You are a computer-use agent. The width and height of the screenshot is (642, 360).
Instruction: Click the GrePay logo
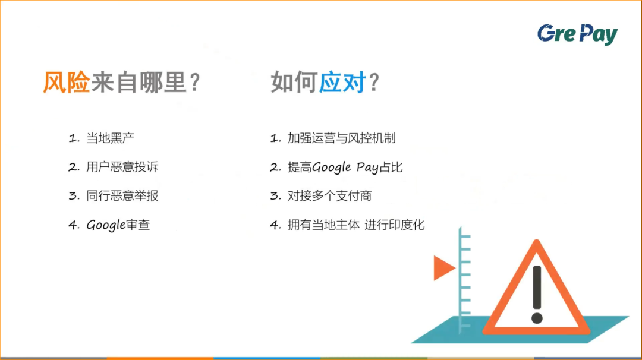click(x=577, y=34)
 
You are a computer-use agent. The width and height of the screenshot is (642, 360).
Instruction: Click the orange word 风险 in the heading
click(x=66, y=83)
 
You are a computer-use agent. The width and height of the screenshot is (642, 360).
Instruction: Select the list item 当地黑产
click(x=111, y=138)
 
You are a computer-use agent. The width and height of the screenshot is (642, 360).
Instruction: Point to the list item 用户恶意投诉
click(x=122, y=167)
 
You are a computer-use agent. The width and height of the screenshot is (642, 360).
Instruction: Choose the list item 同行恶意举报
click(x=122, y=196)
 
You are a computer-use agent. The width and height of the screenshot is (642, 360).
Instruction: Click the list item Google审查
click(x=118, y=225)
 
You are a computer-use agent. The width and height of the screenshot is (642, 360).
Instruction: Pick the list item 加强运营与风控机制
click(x=341, y=138)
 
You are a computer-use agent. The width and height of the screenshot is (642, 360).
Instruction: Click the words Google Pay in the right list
click(x=345, y=168)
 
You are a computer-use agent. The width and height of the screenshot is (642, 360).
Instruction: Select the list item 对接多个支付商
click(x=329, y=196)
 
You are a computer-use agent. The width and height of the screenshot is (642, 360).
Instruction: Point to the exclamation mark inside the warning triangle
click(x=537, y=293)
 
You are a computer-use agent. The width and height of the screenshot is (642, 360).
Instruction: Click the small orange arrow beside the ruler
click(x=443, y=268)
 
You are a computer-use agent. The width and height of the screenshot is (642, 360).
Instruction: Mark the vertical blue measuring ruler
click(x=463, y=279)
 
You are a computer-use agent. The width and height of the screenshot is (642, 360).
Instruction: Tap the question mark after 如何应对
click(x=374, y=83)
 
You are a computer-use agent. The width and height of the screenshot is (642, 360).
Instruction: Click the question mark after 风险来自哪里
click(x=194, y=83)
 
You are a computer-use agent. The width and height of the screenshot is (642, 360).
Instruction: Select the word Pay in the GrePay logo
click(x=597, y=34)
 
